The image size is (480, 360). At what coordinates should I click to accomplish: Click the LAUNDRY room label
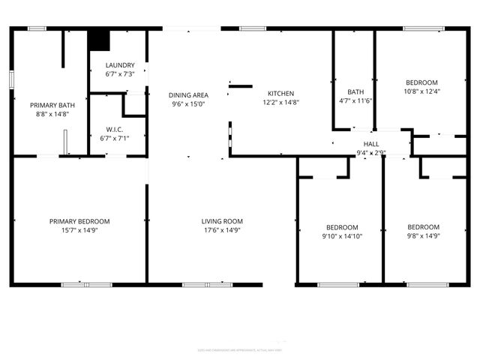point(119,65)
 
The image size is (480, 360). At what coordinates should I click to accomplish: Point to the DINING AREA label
point(187,95)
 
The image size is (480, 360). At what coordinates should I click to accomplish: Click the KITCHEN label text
point(281,93)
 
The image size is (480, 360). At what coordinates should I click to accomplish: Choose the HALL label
point(371,143)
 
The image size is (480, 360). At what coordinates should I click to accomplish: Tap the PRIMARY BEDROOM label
point(79,221)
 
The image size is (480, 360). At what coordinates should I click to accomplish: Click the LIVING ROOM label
point(222,221)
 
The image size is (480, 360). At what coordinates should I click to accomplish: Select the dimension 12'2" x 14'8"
point(281,103)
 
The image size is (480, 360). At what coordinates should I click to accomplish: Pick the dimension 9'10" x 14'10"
point(341,236)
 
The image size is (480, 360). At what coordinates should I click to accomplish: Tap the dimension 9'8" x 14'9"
point(423,236)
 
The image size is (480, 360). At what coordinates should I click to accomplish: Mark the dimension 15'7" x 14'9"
point(79,231)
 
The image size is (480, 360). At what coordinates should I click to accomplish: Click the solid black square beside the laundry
point(99,40)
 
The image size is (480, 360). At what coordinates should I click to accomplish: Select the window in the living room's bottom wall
point(208,285)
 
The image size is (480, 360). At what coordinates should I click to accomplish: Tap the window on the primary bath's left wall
point(11,79)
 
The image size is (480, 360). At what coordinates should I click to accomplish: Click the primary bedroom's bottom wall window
point(86,285)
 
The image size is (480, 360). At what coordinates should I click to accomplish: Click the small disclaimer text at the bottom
point(240,349)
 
